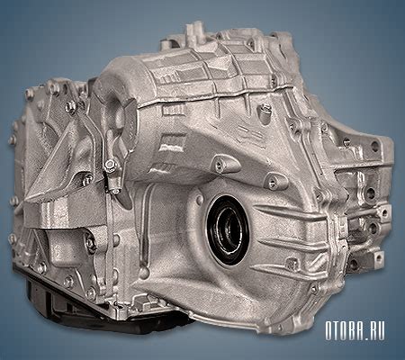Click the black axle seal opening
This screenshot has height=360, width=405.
pyautogui.click(x=228, y=230)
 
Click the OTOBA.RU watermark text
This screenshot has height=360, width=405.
pyautogui.click(x=355, y=331)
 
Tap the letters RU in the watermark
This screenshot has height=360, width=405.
pyautogui.click(x=375, y=331)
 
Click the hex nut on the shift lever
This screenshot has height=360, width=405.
pyautogui.click(x=110, y=165)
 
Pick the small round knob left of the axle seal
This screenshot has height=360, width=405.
pyautogui.click(x=199, y=199)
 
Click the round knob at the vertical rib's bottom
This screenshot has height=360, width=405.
pyautogui.click(x=145, y=272)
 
